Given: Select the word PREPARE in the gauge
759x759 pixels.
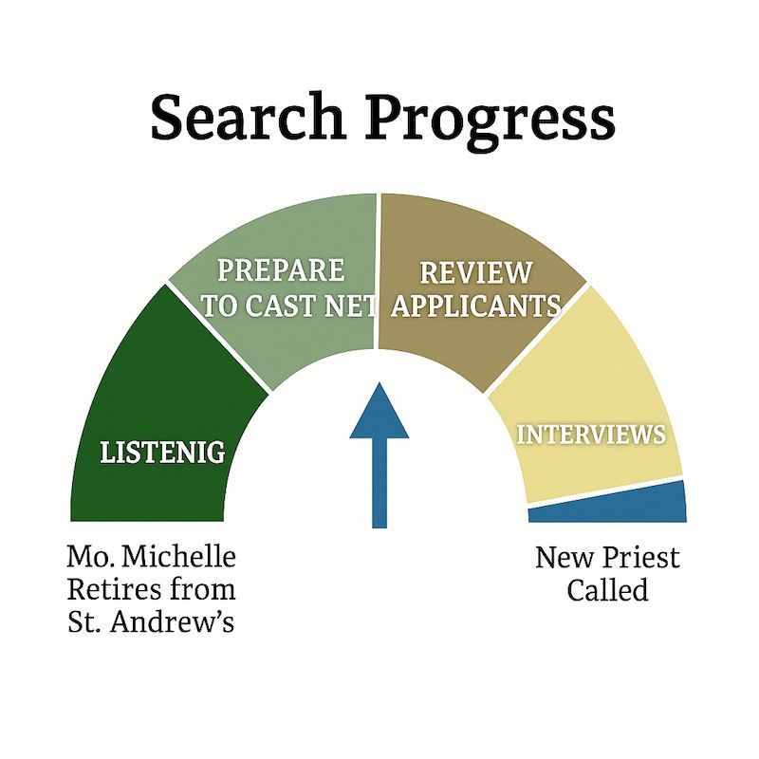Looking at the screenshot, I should click(280, 269).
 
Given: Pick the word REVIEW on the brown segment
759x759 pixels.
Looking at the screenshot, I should click(476, 273).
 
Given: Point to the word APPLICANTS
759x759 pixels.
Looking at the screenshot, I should click(477, 305).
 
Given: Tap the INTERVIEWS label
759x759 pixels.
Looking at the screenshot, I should click(590, 435).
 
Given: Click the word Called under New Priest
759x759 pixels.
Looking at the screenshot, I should click(607, 589).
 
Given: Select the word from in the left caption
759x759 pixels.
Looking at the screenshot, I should click(202, 588).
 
